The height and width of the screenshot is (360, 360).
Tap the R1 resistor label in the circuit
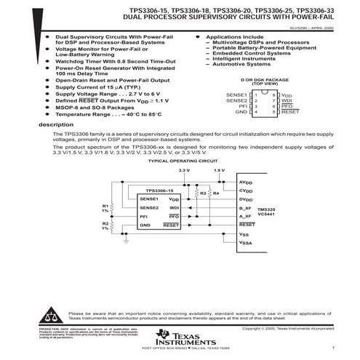click(x=105, y=207)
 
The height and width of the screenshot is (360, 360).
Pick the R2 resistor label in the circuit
click(x=105, y=224)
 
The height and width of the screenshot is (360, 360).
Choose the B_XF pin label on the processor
click(x=244, y=208)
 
